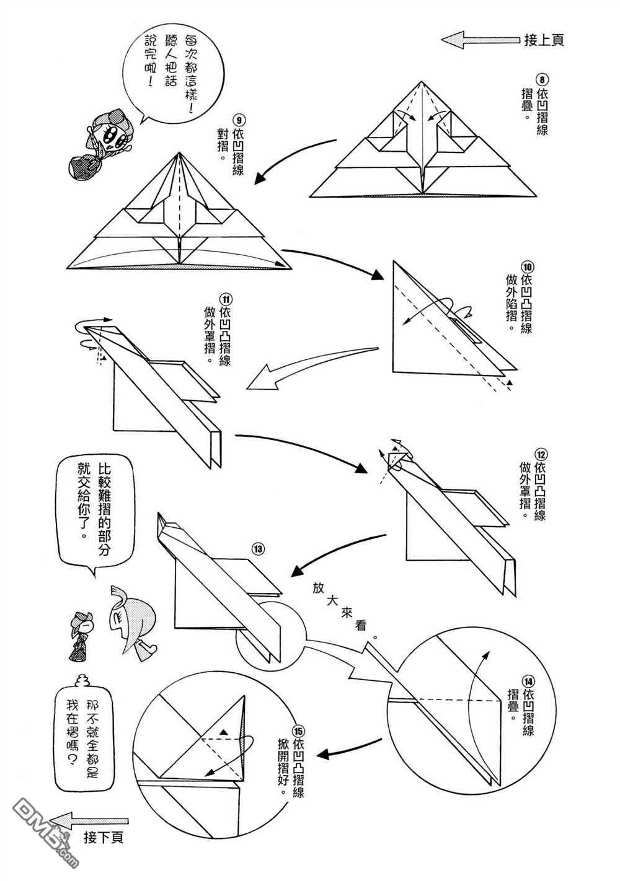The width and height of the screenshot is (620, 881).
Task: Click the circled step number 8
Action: coord(541,80)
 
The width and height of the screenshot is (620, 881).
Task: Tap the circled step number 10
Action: coord(526,267)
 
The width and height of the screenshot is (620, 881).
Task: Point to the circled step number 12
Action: coord(539,450)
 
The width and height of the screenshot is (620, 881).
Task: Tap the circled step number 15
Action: coord(298,728)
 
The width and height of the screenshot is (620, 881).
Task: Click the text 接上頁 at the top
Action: coord(544,40)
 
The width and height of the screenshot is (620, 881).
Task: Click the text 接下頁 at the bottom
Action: coord(104,838)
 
